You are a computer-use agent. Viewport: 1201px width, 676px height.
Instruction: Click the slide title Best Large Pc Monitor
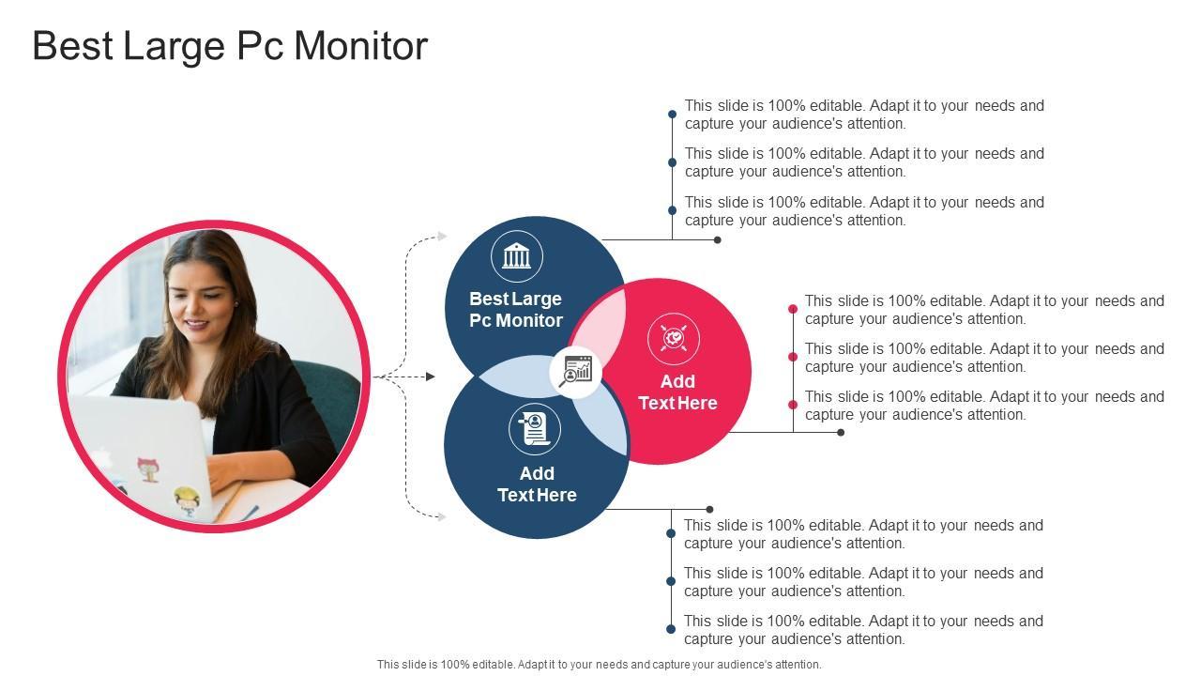pyautogui.click(x=230, y=46)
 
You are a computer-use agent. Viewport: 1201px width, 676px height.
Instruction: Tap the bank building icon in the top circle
pyautogui.click(x=517, y=255)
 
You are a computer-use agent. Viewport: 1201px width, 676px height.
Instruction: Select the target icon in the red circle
pyautogui.click(x=674, y=339)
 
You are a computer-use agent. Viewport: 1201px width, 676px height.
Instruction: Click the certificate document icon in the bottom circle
pyautogui.click(x=535, y=429)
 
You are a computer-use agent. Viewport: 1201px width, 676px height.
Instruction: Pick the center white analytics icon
pyautogui.click(x=575, y=371)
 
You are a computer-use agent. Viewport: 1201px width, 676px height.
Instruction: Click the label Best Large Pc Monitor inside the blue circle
pyautogui.click(x=516, y=310)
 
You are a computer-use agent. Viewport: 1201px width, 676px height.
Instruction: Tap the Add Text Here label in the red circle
pyautogui.click(x=677, y=392)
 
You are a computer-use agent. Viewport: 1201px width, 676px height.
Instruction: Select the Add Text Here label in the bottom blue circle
pyautogui.click(x=537, y=484)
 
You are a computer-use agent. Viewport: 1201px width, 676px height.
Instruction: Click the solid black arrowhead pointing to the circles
pyautogui.click(x=430, y=376)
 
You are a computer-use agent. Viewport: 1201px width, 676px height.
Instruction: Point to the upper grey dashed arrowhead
pyautogui.click(x=443, y=237)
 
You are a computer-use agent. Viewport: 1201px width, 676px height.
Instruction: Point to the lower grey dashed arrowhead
pyautogui.click(x=443, y=515)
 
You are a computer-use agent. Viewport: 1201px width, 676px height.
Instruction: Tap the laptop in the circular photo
pyautogui.click(x=141, y=451)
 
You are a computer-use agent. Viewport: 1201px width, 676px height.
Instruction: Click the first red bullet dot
pyautogui.click(x=793, y=309)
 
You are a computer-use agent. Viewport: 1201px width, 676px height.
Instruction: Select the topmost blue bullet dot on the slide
pyautogui.click(x=672, y=115)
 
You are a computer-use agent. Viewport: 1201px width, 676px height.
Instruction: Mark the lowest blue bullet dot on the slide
pyautogui.click(x=671, y=629)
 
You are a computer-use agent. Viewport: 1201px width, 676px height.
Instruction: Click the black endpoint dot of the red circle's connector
pyautogui.click(x=841, y=433)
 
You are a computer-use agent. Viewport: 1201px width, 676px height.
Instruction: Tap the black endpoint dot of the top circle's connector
pyautogui.click(x=718, y=240)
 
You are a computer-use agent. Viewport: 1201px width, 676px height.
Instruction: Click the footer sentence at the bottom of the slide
pyautogui.click(x=599, y=665)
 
